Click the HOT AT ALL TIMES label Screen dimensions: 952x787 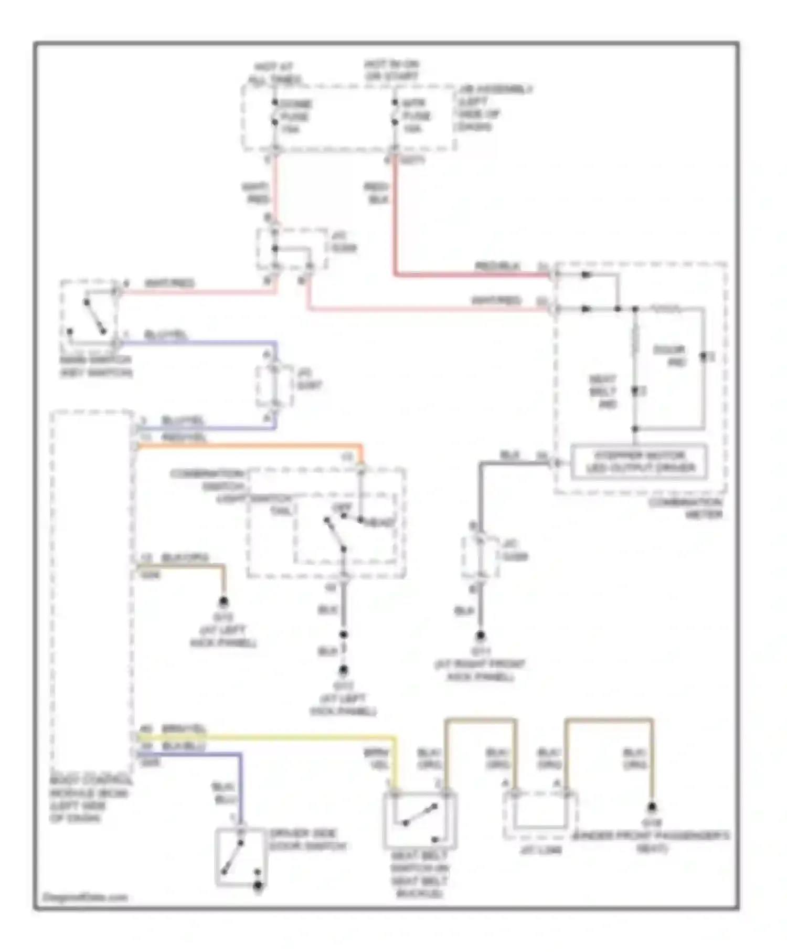(x=274, y=73)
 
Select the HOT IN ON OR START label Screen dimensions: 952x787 (x=392, y=70)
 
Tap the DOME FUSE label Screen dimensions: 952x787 (x=295, y=116)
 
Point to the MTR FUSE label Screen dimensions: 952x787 (x=417, y=116)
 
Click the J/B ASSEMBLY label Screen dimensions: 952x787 (x=493, y=108)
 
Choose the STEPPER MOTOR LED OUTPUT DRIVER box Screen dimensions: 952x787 (x=639, y=462)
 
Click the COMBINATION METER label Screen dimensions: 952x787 (x=686, y=508)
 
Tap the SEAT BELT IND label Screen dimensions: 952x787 (x=602, y=392)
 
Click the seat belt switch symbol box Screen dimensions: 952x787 (x=420, y=820)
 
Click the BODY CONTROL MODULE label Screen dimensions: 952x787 (x=89, y=799)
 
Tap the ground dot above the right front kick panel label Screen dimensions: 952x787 (x=480, y=637)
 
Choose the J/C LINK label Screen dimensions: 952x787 (x=541, y=849)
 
